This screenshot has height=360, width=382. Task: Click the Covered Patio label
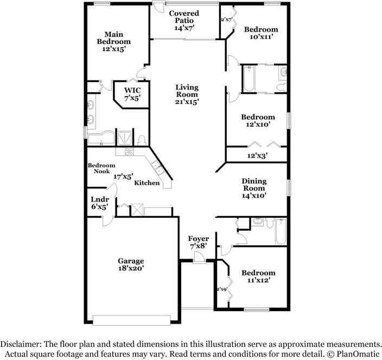[x=184, y=17]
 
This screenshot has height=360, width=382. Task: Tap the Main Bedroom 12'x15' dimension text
[x=114, y=49]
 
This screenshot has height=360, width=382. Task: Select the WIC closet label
[x=132, y=90]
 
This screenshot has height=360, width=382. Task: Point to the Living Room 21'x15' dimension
[x=187, y=102]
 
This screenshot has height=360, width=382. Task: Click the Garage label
[x=131, y=261]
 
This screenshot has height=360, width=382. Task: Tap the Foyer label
[x=198, y=238]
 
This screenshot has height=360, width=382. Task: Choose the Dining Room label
[x=254, y=185]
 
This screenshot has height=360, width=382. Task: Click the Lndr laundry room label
[x=100, y=199]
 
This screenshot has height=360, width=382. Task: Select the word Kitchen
[x=147, y=183]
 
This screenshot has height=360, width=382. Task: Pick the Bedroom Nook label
[x=101, y=168]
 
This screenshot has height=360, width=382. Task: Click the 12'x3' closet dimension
[x=258, y=155]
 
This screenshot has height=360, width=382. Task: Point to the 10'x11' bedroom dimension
[x=261, y=37]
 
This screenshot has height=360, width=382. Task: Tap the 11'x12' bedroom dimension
[x=258, y=280]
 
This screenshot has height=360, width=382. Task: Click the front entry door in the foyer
[x=199, y=258]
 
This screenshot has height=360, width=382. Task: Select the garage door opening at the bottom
[x=131, y=320]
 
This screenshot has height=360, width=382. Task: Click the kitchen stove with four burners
[x=129, y=151]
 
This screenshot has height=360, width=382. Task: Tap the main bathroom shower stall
[x=124, y=138]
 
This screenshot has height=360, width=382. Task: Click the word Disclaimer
[x=21, y=344]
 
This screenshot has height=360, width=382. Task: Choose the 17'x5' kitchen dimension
[x=123, y=176]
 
